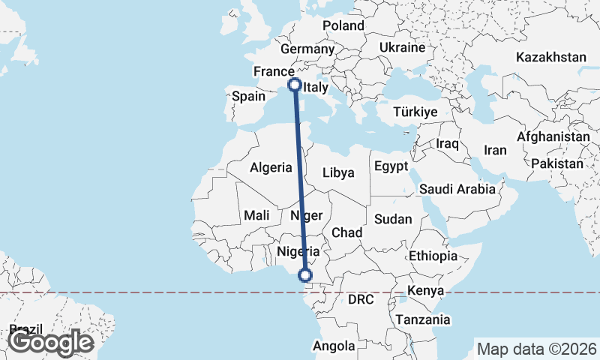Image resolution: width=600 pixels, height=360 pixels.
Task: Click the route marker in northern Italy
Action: (x=295, y=85)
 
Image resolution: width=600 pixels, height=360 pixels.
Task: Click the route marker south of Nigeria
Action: (x=305, y=275)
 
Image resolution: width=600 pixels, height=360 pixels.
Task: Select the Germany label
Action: (x=307, y=49)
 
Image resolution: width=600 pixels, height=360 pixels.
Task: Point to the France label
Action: (x=272, y=71)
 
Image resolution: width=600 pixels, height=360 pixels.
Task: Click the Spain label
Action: (x=248, y=96)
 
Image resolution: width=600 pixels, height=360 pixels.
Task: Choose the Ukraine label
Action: (x=403, y=47)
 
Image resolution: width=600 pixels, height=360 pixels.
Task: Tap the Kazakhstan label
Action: (x=551, y=57)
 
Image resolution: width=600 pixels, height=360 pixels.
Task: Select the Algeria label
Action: (x=270, y=168)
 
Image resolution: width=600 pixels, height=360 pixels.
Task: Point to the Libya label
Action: (x=338, y=172)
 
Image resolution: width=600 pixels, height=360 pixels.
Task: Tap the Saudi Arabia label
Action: (x=457, y=189)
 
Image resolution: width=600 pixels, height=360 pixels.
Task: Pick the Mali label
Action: (x=256, y=215)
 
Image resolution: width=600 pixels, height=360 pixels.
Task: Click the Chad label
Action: (x=347, y=232)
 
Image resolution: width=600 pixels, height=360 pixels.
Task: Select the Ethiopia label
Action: (x=433, y=256)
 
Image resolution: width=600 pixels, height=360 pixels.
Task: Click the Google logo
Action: (x=50, y=342)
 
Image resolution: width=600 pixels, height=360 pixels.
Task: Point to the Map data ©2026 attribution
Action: (x=536, y=349)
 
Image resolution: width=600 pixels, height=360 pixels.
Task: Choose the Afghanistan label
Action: (x=553, y=137)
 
